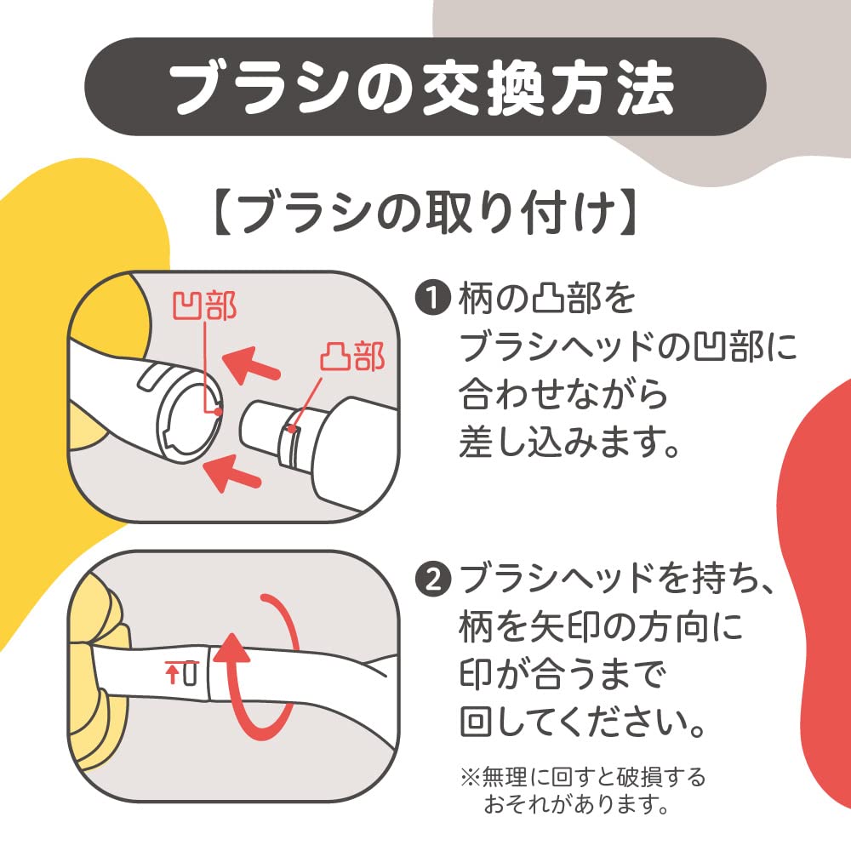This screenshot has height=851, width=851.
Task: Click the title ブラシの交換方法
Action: [422, 87]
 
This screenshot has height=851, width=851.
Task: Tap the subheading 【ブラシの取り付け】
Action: [425, 212]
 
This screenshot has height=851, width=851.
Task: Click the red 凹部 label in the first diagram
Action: [204, 306]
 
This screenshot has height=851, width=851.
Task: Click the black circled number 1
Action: [433, 298]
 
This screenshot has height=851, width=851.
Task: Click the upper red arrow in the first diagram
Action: [251, 365]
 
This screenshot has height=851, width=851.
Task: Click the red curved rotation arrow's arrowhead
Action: [231, 648]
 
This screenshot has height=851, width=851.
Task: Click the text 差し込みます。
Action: [568, 443]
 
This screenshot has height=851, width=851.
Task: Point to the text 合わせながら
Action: [563, 395]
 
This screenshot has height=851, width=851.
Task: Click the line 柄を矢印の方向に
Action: [601, 626]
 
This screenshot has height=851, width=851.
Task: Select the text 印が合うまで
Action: [562, 674]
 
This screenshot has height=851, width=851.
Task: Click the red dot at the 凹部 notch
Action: [218, 411]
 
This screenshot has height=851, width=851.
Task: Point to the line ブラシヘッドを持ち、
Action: [616, 579]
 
